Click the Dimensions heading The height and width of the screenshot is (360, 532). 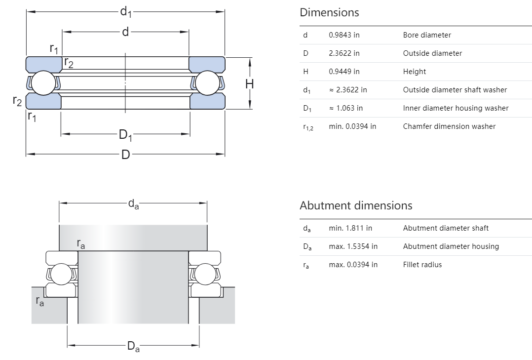(329, 12)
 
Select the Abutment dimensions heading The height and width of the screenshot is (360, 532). (356, 205)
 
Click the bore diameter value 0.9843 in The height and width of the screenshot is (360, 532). (344, 35)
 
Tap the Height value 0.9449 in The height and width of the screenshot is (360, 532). (344, 72)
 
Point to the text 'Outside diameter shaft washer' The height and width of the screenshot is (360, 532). (455, 90)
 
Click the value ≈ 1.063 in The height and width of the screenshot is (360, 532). (345, 108)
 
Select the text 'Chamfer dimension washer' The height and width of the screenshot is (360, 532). (449, 126)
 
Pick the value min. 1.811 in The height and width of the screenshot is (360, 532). (350, 228)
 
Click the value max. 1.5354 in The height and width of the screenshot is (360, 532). (353, 246)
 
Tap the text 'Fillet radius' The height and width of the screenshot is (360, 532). (422, 265)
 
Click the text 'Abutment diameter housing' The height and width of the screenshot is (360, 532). (451, 246)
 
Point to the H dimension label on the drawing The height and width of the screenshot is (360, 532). (250, 84)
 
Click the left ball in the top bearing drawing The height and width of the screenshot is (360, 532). (43, 82)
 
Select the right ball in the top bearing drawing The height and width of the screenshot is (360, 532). (207, 82)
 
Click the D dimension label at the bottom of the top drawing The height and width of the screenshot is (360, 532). (125, 155)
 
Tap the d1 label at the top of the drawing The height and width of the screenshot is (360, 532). (125, 11)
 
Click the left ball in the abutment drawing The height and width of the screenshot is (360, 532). (63, 274)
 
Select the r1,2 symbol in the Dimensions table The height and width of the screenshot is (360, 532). (307, 127)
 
